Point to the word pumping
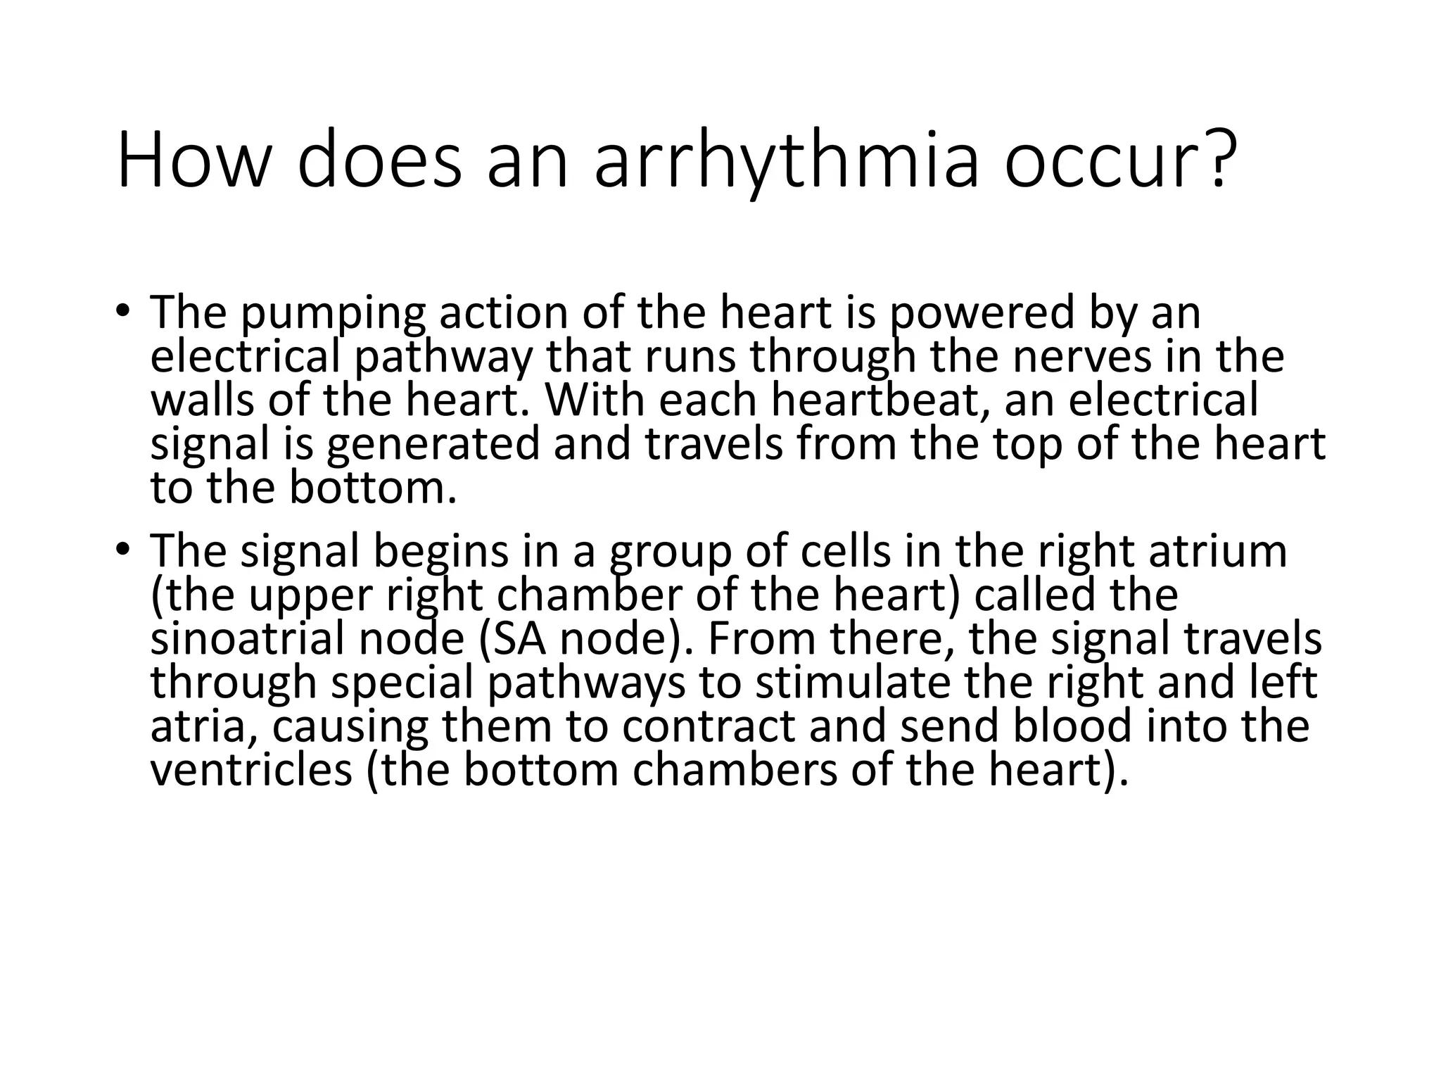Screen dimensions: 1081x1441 pyautogui.click(x=333, y=313)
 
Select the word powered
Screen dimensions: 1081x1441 pyautogui.click(x=982, y=313)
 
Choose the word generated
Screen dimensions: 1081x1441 pyautogui.click(x=433, y=445)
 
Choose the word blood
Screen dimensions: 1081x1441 pyautogui.click(x=1072, y=726)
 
